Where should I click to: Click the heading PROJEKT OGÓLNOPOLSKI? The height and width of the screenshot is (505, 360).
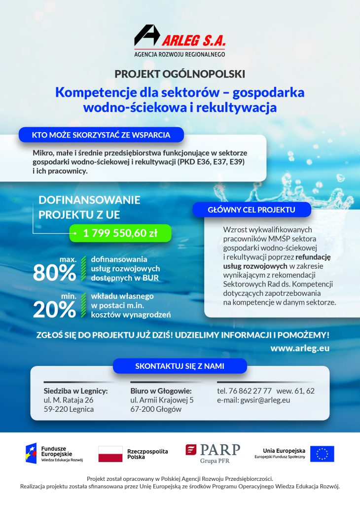180,74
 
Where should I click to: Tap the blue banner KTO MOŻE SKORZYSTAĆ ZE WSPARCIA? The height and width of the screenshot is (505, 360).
101,134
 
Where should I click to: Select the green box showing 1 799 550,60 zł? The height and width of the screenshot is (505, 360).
120,233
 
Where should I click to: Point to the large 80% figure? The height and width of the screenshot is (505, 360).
54,272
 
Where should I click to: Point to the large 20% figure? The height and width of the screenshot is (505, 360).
54,309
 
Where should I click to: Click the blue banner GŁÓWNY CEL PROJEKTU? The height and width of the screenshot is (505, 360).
252,210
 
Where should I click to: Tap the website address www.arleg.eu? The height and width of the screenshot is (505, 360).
300,348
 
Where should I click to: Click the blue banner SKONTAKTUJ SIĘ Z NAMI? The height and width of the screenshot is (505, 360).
180,366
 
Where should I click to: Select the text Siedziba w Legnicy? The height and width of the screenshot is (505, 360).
75,391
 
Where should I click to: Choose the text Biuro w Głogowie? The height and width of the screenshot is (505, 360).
160,391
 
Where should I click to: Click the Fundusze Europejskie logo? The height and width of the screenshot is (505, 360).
54,453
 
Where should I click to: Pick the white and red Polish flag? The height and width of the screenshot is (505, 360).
110,454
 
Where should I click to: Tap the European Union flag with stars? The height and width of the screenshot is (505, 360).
322,454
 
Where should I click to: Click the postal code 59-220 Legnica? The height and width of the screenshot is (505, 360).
69,409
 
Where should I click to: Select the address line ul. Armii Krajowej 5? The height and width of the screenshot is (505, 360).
162,400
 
